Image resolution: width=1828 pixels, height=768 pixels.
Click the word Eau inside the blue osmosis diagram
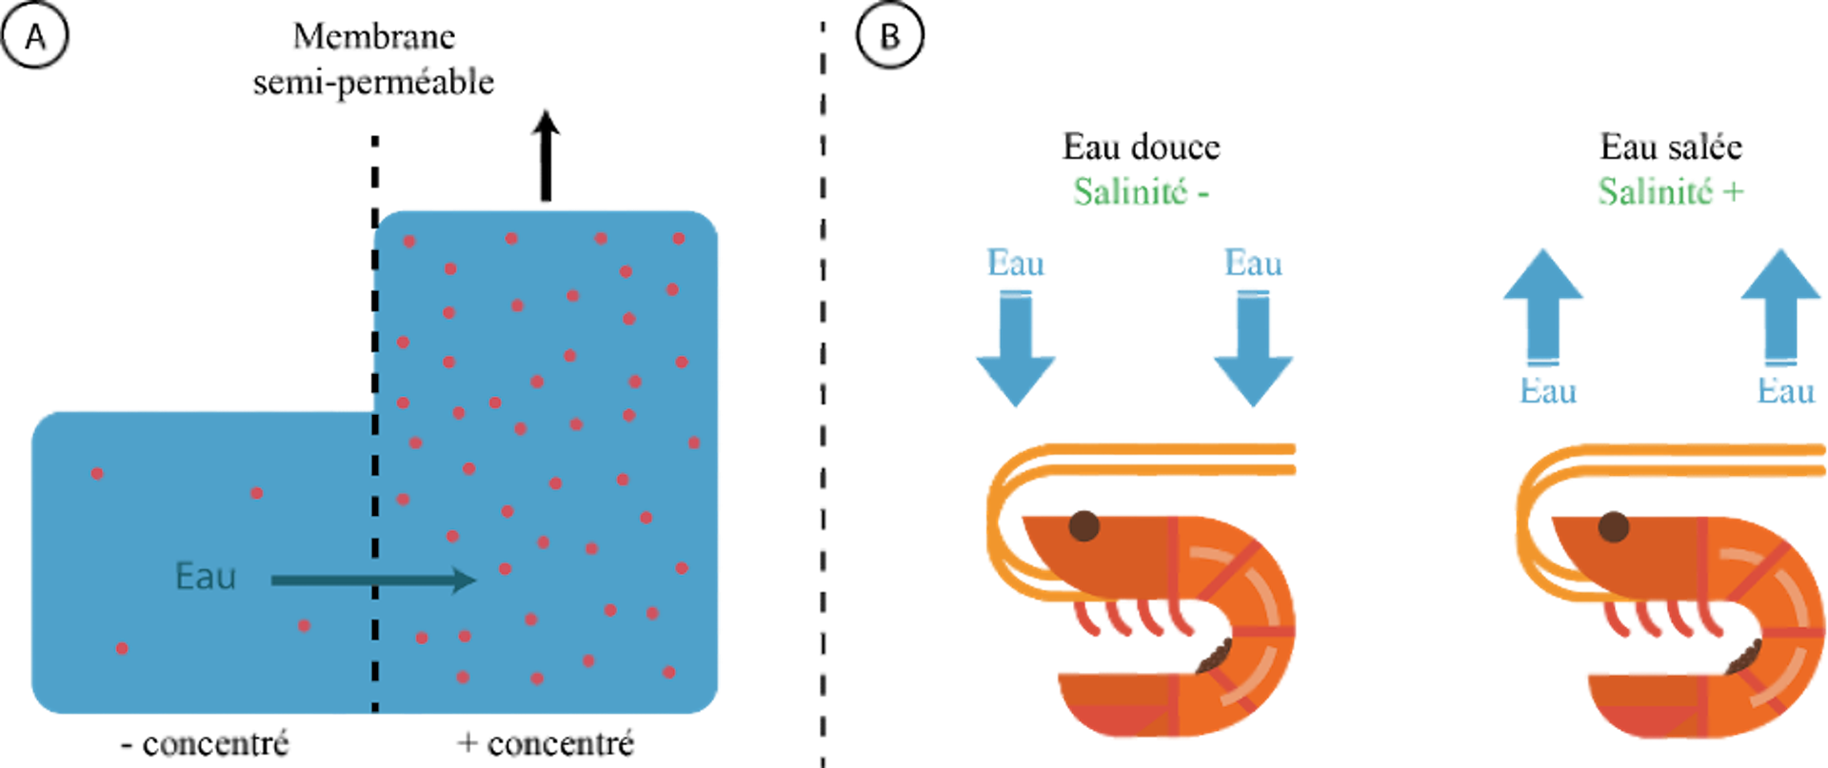click(205, 577)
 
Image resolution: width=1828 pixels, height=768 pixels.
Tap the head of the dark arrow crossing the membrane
click(464, 580)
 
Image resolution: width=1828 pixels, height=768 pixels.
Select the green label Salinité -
click(1140, 191)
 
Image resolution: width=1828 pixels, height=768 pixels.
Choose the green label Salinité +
click(1669, 191)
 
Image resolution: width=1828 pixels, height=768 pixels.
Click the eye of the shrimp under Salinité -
click(1083, 524)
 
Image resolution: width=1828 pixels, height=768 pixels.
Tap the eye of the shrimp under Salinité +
click(1613, 525)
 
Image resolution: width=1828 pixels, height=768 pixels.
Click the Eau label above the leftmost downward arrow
click(1016, 263)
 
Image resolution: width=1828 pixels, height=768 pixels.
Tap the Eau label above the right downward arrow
click(1253, 263)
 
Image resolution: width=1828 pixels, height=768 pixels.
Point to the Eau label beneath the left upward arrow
click(1548, 391)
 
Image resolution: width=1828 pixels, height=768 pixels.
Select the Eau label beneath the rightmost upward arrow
click(1786, 391)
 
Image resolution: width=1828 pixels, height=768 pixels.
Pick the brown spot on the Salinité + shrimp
click(1742, 656)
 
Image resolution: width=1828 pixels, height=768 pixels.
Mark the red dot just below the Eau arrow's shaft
click(304, 625)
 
